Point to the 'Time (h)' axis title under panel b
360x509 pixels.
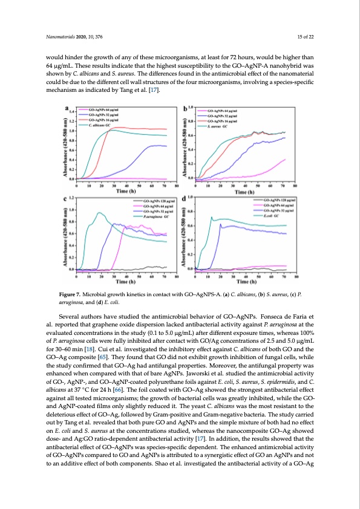tap(241, 190)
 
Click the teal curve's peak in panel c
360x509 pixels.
tap(99, 213)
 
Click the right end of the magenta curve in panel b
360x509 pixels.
tap(285, 159)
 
